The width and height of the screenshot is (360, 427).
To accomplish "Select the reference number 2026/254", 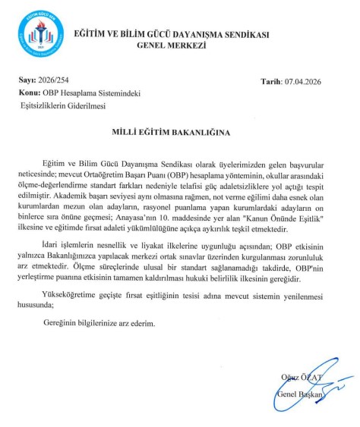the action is tap(52, 80).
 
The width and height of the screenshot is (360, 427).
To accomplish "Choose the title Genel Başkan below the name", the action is tap(299, 395).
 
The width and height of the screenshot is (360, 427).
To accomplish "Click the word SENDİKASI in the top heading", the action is tap(242, 34).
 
